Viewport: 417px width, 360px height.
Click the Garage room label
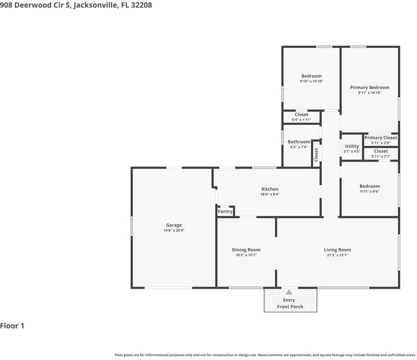(174, 225)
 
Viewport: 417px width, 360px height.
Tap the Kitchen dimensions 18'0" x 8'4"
(270, 194)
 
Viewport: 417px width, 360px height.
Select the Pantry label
(225, 212)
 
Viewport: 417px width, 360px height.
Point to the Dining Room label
(246, 250)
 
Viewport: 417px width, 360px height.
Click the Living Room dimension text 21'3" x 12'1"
(337, 255)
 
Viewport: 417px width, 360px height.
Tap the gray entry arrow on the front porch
(289, 292)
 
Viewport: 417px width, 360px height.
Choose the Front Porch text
(290, 307)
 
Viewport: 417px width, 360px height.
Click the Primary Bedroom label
(370, 87)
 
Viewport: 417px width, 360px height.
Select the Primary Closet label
(381, 137)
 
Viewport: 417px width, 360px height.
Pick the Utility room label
(352, 146)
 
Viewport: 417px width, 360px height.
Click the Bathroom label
(299, 142)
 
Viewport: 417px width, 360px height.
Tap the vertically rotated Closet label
(316, 155)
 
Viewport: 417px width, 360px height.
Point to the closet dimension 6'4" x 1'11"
(301, 120)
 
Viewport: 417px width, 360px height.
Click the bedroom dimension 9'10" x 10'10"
(312, 81)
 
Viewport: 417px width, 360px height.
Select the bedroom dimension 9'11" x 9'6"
(370, 191)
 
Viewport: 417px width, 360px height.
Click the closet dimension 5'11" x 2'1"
(381, 157)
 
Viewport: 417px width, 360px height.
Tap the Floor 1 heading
(12, 326)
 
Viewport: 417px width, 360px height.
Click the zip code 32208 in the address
(142, 5)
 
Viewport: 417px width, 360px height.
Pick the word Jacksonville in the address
(96, 5)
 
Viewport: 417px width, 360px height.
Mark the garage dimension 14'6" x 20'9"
(174, 230)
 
